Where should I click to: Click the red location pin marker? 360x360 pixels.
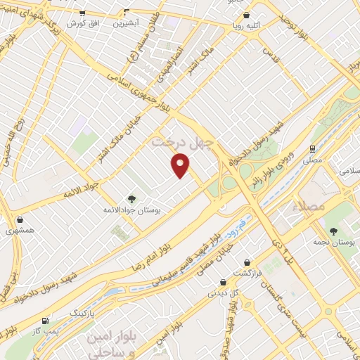tap(181, 166)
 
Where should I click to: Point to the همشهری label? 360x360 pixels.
tap(20, 231)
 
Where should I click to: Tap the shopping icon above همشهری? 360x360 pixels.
tap(20, 219)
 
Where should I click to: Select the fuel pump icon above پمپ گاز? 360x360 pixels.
tap(46, 318)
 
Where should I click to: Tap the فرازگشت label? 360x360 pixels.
tap(248, 272)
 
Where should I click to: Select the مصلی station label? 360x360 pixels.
tap(311, 160)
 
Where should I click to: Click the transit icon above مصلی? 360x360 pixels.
tap(311, 148)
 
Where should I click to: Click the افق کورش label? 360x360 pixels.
tap(83, 23)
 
